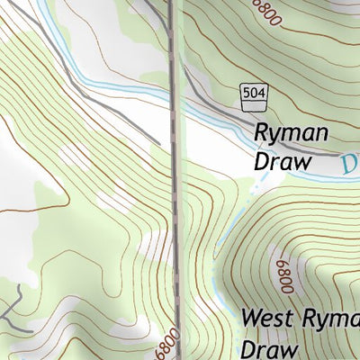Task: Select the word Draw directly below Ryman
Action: pyautogui.click(x=283, y=162)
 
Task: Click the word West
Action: pyautogui.click(x=272, y=319)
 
